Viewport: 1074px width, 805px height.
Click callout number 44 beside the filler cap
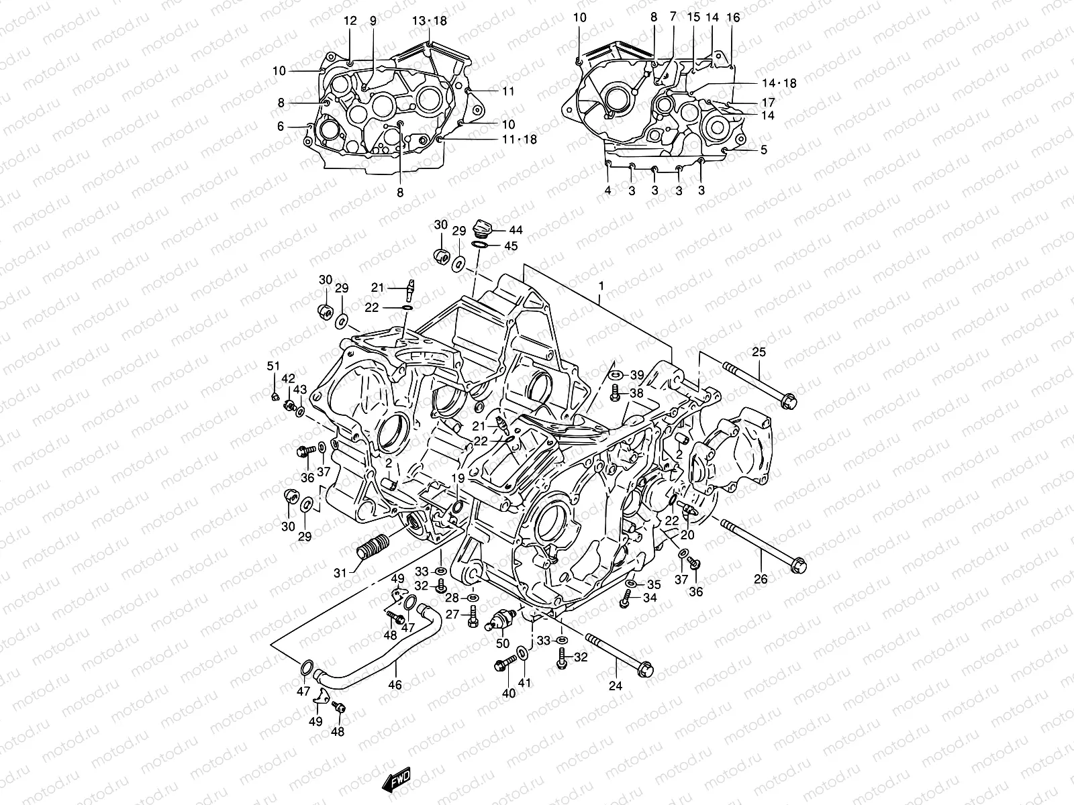[x=516, y=230]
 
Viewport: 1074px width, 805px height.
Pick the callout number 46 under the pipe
[x=395, y=685]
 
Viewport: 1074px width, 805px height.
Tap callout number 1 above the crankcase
[x=601, y=286]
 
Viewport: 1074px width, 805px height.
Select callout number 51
[x=273, y=366]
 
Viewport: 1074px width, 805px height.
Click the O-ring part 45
[x=480, y=246]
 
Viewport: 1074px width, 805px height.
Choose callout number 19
[x=458, y=478]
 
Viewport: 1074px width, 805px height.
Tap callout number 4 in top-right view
[x=607, y=191]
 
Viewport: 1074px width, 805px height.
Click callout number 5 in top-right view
[x=763, y=150]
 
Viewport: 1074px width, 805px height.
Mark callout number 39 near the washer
[x=636, y=375]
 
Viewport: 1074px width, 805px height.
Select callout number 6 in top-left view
[x=281, y=127]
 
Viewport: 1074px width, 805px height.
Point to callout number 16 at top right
[x=733, y=18]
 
